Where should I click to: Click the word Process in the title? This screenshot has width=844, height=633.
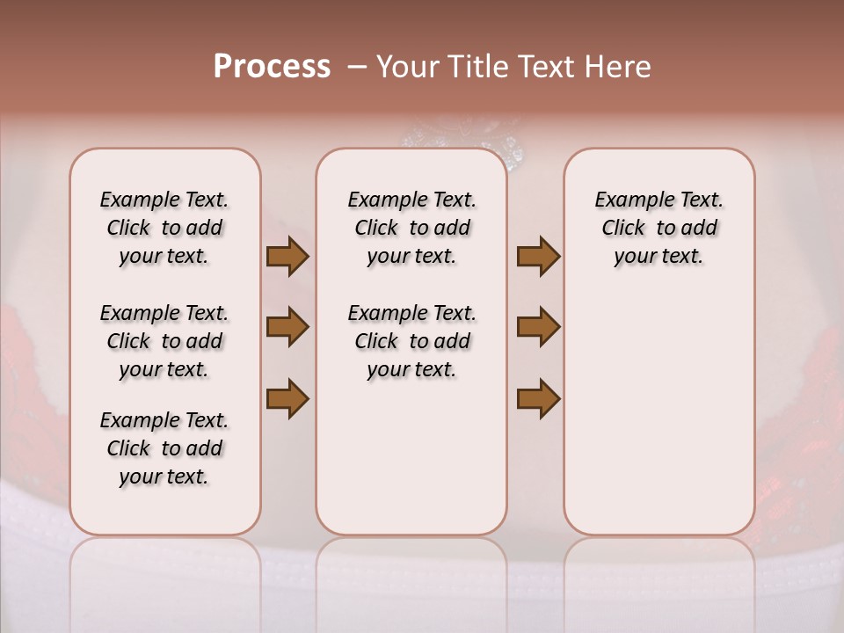[x=272, y=67]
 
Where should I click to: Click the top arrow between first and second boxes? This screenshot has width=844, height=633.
[x=287, y=257]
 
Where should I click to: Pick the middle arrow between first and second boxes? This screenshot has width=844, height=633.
[x=287, y=327]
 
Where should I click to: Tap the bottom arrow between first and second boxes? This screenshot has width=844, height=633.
[x=287, y=398]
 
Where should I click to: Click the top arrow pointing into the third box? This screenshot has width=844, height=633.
[x=538, y=257]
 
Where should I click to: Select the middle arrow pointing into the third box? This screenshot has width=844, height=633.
[x=538, y=327]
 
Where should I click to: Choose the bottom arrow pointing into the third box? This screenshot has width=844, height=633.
[x=538, y=398]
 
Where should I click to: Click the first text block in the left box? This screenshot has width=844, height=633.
[x=164, y=228]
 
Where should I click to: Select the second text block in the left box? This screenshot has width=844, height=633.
[x=164, y=341]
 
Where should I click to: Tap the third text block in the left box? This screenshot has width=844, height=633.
[x=164, y=448]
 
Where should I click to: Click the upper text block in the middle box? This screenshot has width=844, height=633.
[x=411, y=228]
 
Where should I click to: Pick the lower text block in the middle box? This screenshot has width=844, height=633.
[x=411, y=341]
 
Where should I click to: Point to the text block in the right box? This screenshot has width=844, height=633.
[x=658, y=228]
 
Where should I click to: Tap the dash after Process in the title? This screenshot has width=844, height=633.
[x=357, y=67]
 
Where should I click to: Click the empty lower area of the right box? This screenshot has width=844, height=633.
[x=658, y=422]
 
